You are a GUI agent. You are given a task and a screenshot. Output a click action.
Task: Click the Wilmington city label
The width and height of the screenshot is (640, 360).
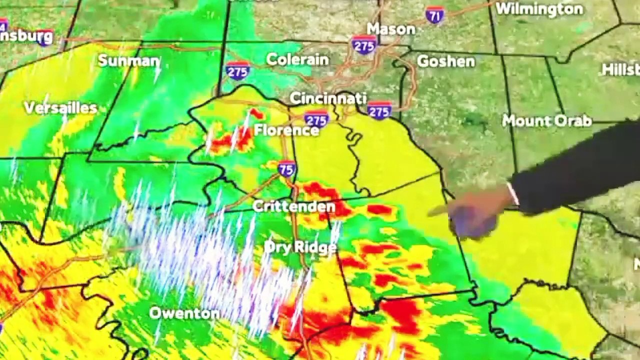coord(539,9)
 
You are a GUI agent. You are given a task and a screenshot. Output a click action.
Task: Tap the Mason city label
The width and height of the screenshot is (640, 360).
coord(391,29)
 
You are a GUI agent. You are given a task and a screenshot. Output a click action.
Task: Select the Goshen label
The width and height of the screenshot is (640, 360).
coord(445,61)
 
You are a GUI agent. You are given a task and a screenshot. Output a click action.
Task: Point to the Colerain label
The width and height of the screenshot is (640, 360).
coord(297,59)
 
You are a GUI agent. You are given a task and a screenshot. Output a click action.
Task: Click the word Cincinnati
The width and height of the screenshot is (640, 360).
coord(328,98)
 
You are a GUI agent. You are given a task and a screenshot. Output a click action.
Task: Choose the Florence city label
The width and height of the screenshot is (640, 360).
coord(286,130)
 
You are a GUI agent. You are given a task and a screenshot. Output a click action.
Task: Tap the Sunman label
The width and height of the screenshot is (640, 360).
coord(128,61)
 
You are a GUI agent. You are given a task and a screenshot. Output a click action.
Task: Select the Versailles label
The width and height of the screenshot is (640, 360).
coord(60,108)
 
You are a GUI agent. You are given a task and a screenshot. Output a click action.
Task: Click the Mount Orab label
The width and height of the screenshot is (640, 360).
coord(546,120)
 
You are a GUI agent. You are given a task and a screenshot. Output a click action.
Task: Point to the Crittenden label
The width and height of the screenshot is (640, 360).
coord(294,206)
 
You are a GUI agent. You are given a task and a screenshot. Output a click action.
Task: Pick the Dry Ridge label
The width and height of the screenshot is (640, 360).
coord(300,247)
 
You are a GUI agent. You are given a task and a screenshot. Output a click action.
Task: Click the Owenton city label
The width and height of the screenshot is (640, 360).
coord(184,313)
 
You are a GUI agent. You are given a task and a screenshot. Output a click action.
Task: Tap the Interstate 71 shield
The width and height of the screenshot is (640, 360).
coord(435,15)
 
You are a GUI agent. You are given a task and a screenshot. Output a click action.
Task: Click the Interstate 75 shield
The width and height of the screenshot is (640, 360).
coord(286,168)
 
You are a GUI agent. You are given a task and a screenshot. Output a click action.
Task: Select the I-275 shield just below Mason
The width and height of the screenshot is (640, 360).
coord(363,44)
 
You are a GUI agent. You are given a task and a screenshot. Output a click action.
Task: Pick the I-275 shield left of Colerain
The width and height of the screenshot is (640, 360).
coord(237,70)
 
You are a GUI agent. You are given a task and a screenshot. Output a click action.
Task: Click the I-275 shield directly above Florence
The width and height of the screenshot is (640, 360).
coord(316,119)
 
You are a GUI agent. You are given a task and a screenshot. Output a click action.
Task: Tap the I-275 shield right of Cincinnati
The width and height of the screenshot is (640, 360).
coord(379,110)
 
